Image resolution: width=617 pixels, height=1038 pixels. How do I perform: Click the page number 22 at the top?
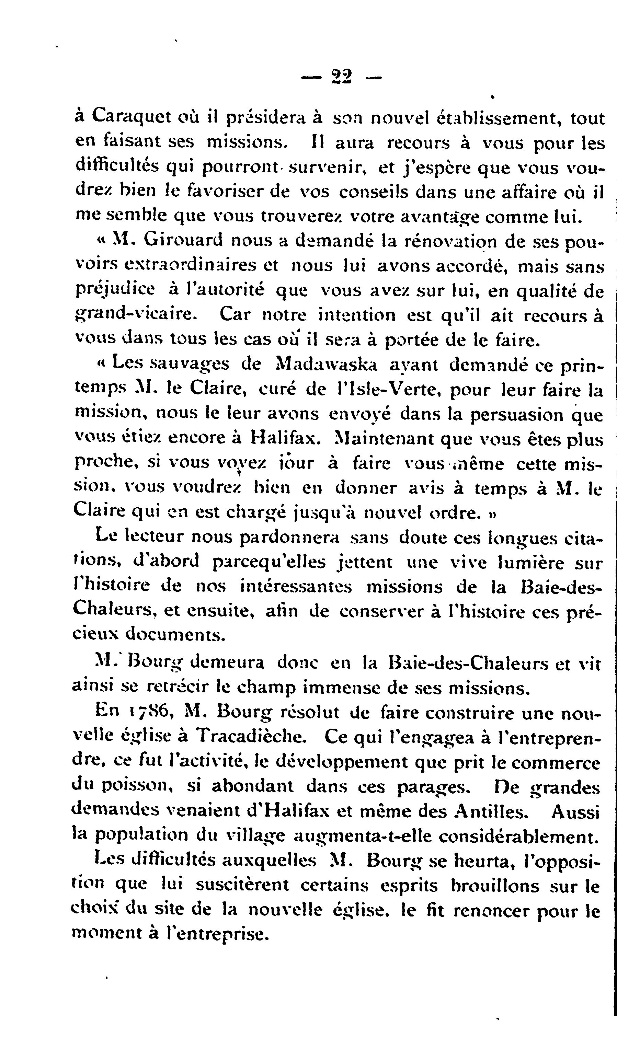click(x=341, y=77)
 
